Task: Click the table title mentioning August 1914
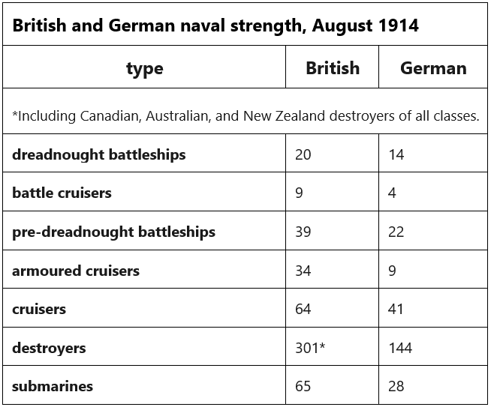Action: pyautogui.click(x=215, y=26)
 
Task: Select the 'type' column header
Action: pyautogui.click(x=144, y=68)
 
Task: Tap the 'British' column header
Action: pyautogui.click(x=333, y=68)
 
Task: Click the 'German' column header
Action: pyautogui.click(x=433, y=68)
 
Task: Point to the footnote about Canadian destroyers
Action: pyautogui.click(x=245, y=115)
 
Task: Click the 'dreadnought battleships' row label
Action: pyautogui.click(x=98, y=154)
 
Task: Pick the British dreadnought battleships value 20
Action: pyautogui.click(x=303, y=154)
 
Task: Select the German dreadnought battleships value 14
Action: pyautogui.click(x=396, y=154)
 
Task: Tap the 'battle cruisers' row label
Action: pyautogui.click(x=62, y=193)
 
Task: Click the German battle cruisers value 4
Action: pyautogui.click(x=393, y=193)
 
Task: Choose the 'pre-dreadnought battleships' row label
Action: pyautogui.click(x=113, y=232)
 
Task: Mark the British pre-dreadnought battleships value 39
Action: pyautogui.click(x=303, y=232)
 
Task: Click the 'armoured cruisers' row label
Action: pyautogui.click(x=76, y=271)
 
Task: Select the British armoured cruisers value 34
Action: pyautogui.click(x=303, y=271)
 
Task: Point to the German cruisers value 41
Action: pyautogui.click(x=396, y=309)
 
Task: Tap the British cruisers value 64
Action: pyautogui.click(x=303, y=309)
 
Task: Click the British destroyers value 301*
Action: pyautogui.click(x=310, y=348)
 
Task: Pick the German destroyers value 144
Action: pyautogui.click(x=400, y=348)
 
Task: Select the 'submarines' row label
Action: pyautogui.click(x=53, y=387)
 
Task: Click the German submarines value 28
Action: pyautogui.click(x=396, y=387)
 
